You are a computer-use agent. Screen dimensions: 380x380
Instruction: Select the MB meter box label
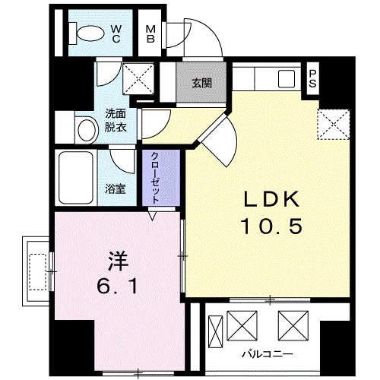point(151,34)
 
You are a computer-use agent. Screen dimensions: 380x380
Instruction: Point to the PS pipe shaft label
point(312,78)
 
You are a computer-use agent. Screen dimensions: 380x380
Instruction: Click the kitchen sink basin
point(287,78)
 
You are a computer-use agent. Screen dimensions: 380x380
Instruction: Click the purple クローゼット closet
point(155,177)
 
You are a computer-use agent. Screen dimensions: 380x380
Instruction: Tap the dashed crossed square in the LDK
point(332,124)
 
